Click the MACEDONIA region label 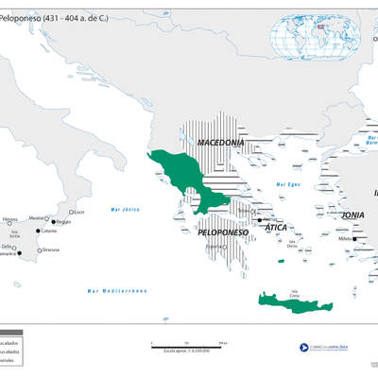click(220, 143)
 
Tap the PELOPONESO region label click(222, 232)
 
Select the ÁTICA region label click(276, 228)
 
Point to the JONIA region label click(353, 215)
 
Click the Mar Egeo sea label click(287, 183)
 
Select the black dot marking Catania click(39, 231)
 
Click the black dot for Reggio click(53, 222)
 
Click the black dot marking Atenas click(260, 219)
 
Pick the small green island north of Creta click(279, 261)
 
